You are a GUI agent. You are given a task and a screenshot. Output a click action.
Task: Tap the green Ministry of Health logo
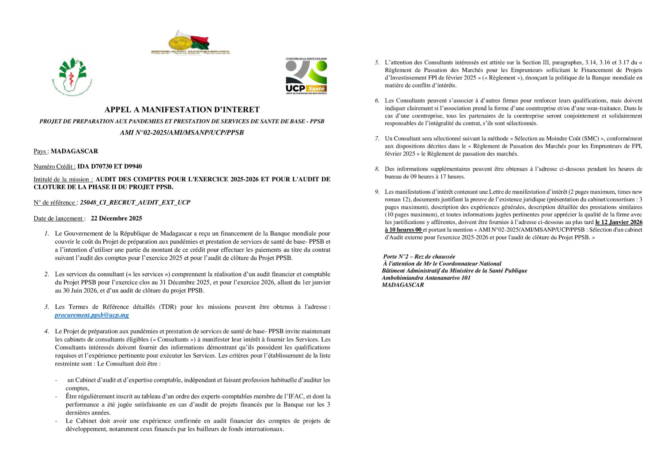(72, 76)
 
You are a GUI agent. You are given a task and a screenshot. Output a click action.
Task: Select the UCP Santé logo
(306, 76)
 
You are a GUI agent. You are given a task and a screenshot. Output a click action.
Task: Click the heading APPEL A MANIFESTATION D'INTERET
(182, 109)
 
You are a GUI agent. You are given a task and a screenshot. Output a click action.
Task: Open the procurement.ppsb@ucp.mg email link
(92, 315)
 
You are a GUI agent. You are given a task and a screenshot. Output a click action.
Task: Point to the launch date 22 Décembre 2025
(116, 218)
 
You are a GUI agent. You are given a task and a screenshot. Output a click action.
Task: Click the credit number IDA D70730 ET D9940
(110, 166)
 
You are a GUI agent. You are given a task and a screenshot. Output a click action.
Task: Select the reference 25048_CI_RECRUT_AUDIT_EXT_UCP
(135, 202)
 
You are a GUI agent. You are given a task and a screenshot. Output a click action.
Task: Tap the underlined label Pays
(40, 151)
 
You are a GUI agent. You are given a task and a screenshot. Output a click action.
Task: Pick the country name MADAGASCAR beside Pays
(74, 151)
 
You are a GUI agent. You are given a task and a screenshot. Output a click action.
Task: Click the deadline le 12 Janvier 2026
(619, 222)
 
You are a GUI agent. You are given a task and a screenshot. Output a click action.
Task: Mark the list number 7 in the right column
(377, 139)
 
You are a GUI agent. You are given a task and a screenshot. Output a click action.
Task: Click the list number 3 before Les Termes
(47, 307)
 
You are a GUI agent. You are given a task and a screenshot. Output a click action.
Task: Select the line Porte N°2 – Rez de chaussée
(419, 256)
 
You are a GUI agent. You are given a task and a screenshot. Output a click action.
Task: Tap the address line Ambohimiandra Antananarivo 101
(426, 278)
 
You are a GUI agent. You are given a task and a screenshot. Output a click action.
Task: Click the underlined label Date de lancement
(58, 218)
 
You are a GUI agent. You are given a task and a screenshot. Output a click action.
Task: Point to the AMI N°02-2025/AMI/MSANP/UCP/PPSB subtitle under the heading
(182, 133)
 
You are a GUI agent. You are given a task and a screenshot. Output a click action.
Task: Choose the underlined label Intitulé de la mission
(63, 179)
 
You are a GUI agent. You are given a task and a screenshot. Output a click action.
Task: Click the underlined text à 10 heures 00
(403, 230)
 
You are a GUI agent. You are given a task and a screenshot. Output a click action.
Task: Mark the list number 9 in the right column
(377, 192)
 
